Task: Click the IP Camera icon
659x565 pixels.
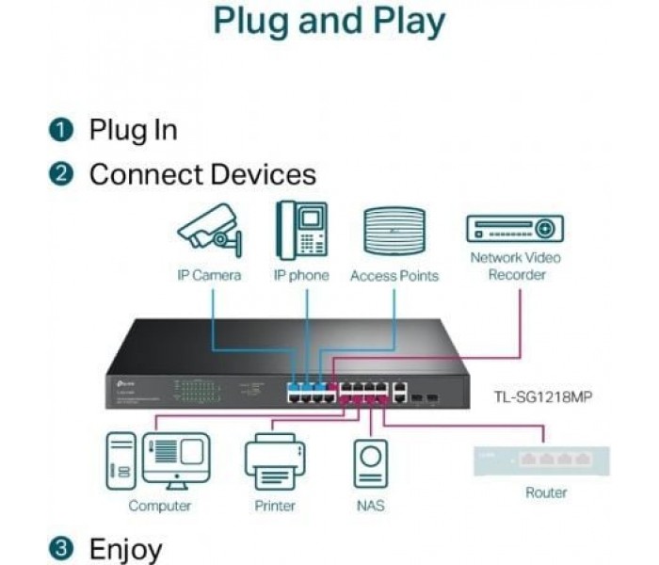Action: point(209,228)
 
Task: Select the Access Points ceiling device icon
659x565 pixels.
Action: point(394,232)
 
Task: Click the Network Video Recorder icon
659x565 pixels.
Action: point(515,229)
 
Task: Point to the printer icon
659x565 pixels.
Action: point(275,461)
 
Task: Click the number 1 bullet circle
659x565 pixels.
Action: point(62,130)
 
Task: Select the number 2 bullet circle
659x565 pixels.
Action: point(62,174)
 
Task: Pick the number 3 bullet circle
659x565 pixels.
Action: point(62,548)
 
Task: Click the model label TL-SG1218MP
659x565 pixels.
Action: point(544,396)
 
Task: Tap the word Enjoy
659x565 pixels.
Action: point(126,548)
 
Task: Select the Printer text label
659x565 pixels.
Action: point(275,506)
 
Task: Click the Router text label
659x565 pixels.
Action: point(547,492)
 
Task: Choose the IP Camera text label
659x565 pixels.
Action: point(209,276)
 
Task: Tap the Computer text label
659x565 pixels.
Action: point(160,506)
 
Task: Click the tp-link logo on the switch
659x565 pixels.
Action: point(121,380)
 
